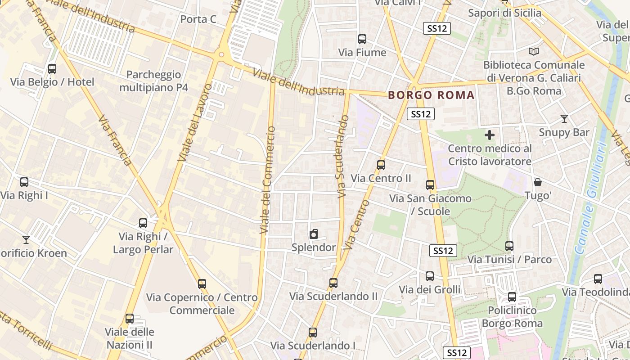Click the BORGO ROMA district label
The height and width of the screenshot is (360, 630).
[x=431, y=95]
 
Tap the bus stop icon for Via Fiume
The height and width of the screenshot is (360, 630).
[x=362, y=39]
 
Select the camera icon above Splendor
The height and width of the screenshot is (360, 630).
[x=314, y=234]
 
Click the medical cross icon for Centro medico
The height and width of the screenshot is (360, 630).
[x=490, y=135]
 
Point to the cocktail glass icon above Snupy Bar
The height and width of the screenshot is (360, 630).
[x=564, y=119]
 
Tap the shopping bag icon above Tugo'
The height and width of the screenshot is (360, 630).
[x=538, y=182]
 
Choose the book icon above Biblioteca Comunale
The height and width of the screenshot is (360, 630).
[x=534, y=52]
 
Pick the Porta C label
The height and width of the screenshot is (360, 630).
[x=198, y=19]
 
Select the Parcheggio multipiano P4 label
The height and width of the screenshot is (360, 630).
[x=153, y=81]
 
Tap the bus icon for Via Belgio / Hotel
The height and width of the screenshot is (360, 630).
[x=52, y=69]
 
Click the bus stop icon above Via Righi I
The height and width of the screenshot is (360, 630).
[x=24, y=182]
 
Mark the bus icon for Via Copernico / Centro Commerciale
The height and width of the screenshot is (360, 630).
[x=202, y=284]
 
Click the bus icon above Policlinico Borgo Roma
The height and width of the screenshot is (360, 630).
[x=512, y=297]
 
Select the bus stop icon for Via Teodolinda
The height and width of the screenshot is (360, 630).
[x=598, y=279]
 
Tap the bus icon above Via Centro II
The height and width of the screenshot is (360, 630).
[x=381, y=165]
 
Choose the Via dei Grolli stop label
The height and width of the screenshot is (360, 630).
[x=430, y=289]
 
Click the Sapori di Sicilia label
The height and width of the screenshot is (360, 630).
[x=504, y=13]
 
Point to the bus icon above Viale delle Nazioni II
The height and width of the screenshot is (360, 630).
[x=130, y=319]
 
